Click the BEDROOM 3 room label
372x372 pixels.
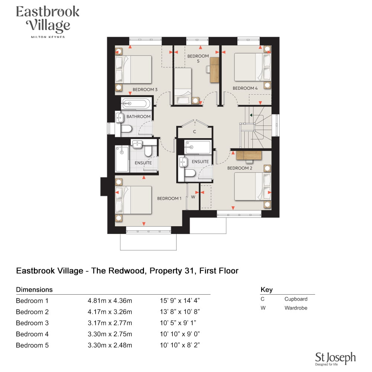pos(145,89)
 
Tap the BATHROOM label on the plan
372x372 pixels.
pos(138,116)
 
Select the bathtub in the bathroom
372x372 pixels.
pos(136,104)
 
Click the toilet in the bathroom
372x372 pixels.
pos(126,129)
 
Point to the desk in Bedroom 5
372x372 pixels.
pos(215,70)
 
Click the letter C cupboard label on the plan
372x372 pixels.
pos(195,132)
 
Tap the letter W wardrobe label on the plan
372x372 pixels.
pos(193,197)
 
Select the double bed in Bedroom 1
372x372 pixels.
pos(133,200)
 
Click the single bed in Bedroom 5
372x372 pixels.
pos(183,86)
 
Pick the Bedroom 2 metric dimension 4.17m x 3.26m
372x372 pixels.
pos(110,312)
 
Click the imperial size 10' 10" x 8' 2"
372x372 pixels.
pos(180,345)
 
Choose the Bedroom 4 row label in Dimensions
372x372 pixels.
pos(32,334)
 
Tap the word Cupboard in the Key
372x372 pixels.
pos(296,299)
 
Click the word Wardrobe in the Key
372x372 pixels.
pos(296,308)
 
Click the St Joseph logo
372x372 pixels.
pos(335,359)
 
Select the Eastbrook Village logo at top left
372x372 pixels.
pos(48,22)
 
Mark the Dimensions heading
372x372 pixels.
pos(34,289)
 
